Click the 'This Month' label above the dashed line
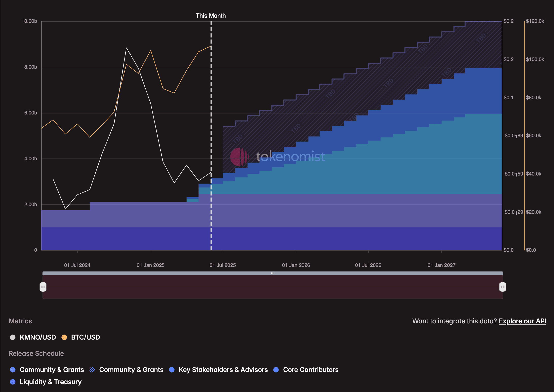tap(211, 16)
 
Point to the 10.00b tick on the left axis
tap(29, 21)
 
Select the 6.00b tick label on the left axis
tap(30, 113)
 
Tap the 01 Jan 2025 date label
tap(150, 265)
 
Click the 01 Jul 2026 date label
tap(368, 265)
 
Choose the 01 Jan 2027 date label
tap(441, 265)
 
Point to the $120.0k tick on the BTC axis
tap(535, 21)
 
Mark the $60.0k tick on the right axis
tap(533, 136)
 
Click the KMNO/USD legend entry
tap(38, 337)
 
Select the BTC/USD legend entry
tap(85, 337)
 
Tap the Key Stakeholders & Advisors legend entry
tap(223, 370)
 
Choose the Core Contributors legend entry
tap(310, 370)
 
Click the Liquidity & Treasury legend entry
tap(50, 382)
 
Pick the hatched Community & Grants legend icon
tap(92, 370)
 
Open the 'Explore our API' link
tap(522, 321)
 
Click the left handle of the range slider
tap(43, 287)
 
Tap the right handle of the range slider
tap(503, 287)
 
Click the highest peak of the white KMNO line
tap(126, 48)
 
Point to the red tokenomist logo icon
tap(239, 157)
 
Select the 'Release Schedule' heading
tap(36, 354)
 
